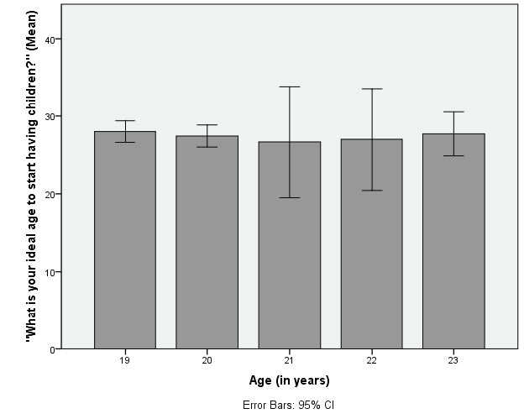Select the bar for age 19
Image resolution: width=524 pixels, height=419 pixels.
tap(124, 244)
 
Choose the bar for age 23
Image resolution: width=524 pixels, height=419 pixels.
tap(453, 244)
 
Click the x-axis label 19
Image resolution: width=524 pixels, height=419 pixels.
tap(124, 360)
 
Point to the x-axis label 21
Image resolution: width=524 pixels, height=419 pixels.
tap(289, 360)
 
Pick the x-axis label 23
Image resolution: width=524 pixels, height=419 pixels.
tap(453, 360)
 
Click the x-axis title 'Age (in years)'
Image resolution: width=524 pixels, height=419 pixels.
tap(289, 380)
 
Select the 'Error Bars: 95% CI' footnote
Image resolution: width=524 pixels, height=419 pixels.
tap(289, 405)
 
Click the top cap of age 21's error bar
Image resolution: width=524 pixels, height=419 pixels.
tap(289, 86)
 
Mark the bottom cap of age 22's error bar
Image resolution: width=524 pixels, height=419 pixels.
tap(371, 191)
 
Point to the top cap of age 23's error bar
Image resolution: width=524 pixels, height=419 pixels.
tap(453, 112)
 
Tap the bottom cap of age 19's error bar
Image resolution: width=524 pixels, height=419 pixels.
tap(124, 142)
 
